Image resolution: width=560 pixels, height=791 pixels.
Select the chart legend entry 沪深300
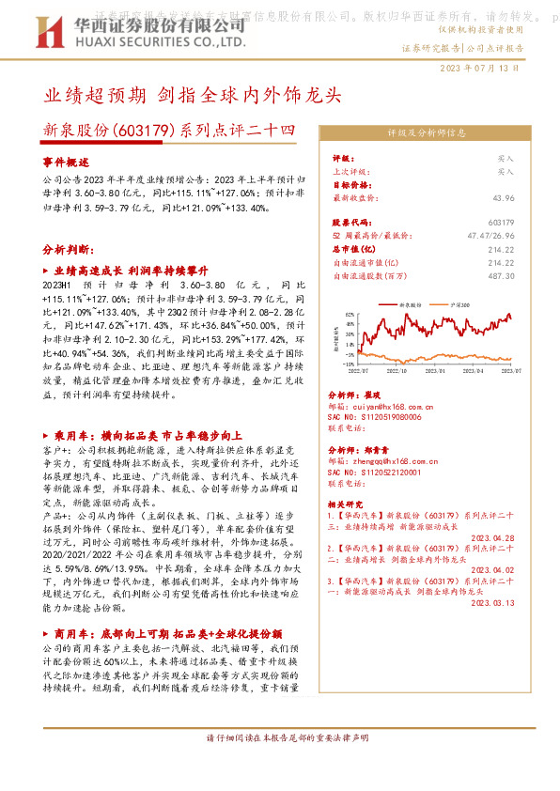click(x=461, y=306)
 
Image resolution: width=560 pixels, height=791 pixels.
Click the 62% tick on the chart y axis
click(x=350, y=314)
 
